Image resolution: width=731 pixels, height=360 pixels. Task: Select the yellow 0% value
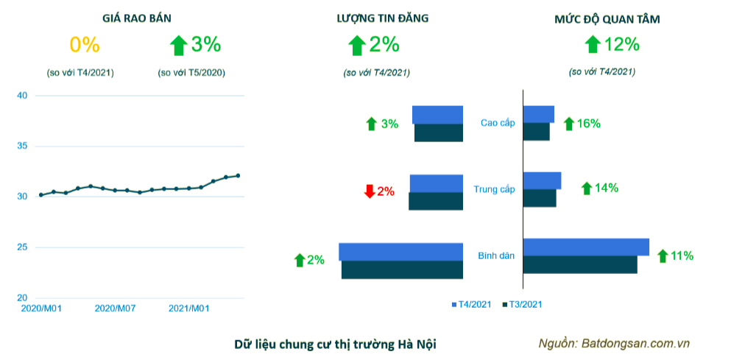[x=84, y=45]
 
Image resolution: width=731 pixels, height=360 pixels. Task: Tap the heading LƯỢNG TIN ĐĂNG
[x=378, y=19]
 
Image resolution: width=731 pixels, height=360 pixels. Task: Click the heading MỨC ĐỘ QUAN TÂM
[x=607, y=19]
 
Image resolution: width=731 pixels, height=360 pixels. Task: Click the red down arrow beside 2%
[x=370, y=191]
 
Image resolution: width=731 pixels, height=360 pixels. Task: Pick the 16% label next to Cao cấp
[x=588, y=124]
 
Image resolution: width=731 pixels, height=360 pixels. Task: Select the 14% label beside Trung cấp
[x=606, y=188]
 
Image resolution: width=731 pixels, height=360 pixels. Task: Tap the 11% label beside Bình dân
[x=682, y=256]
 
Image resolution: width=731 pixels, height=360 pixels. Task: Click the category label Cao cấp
[x=498, y=122]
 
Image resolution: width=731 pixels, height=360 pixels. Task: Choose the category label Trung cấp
[x=494, y=189]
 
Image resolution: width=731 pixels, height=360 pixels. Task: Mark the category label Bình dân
[x=496, y=255]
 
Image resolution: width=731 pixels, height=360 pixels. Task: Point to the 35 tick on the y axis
[x=22, y=147]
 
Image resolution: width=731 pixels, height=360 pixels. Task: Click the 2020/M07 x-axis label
[x=114, y=308]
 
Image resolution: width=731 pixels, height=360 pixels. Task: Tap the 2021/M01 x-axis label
[x=188, y=308]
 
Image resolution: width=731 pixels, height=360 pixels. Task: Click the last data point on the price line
[x=238, y=175]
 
